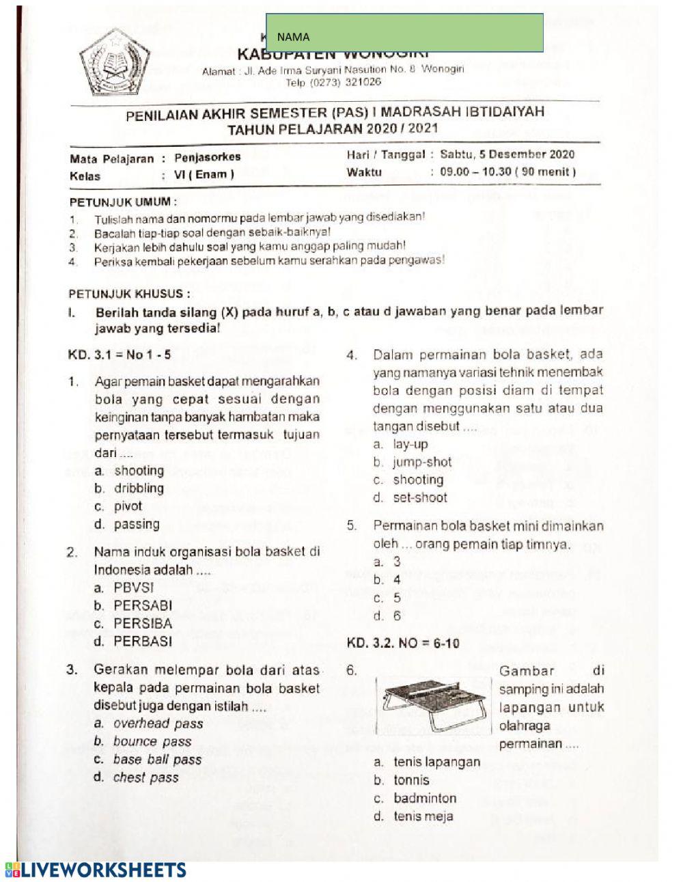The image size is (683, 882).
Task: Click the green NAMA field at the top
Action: pyautogui.click(x=404, y=33)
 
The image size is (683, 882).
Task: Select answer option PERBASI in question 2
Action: pyautogui.click(x=142, y=642)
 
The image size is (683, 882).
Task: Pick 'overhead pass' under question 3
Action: pyautogui.click(x=158, y=723)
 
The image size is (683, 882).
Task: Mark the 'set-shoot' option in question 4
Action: pyautogui.click(x=419, y=497)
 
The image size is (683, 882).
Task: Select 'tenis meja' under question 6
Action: pyautogui.click(x=422, y=816)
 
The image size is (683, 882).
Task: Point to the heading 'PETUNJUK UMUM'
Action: pyautogui.click(x=123, y=202)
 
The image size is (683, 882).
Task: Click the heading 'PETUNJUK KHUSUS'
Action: pyautogui.click(x=129, y=294)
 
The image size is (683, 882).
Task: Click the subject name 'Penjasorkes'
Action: pyautogui.click(x=203, y=157)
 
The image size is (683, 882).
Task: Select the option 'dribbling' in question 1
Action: pyautogui.click(x=139, y=488)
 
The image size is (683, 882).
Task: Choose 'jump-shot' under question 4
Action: pyautogui.click(x=421, y=462)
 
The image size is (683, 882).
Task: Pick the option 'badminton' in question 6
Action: pyautogui.click(x=424, y=798)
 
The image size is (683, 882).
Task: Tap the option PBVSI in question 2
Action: pyautogui.click(x=133, y=588)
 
